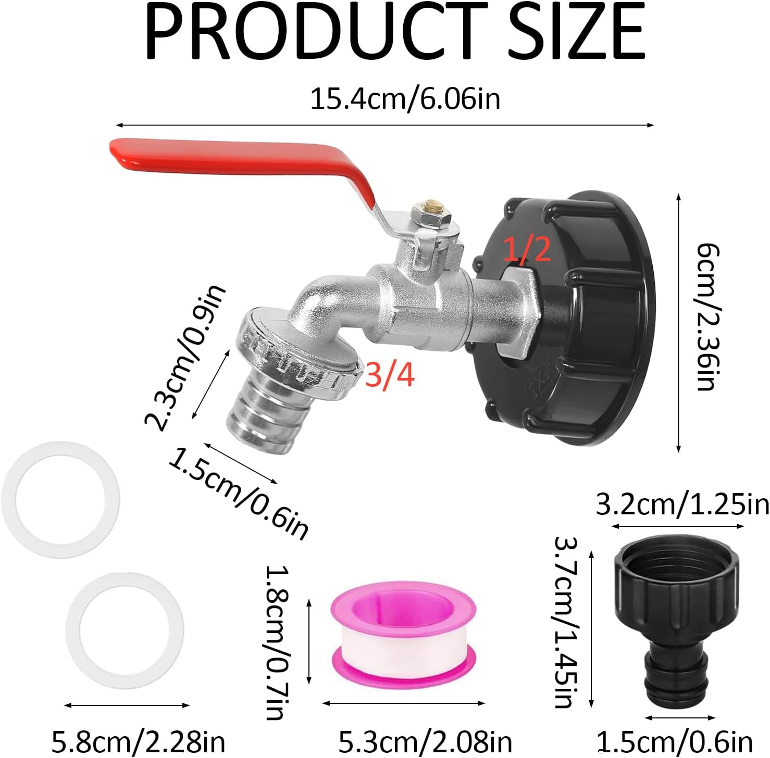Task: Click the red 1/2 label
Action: (x=527, y=248)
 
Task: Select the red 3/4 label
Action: (x=390, y=374)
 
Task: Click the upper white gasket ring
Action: (x=60, y=500)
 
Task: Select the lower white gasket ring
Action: (x=125, y=630)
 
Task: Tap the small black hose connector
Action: (x=676, y=620)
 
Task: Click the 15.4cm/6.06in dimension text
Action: (x=405, y=99)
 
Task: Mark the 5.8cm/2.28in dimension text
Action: (x=138, y=741)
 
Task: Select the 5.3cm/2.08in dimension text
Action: (x=425, y=741)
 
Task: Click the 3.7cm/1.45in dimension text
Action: (x=566, y=622)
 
